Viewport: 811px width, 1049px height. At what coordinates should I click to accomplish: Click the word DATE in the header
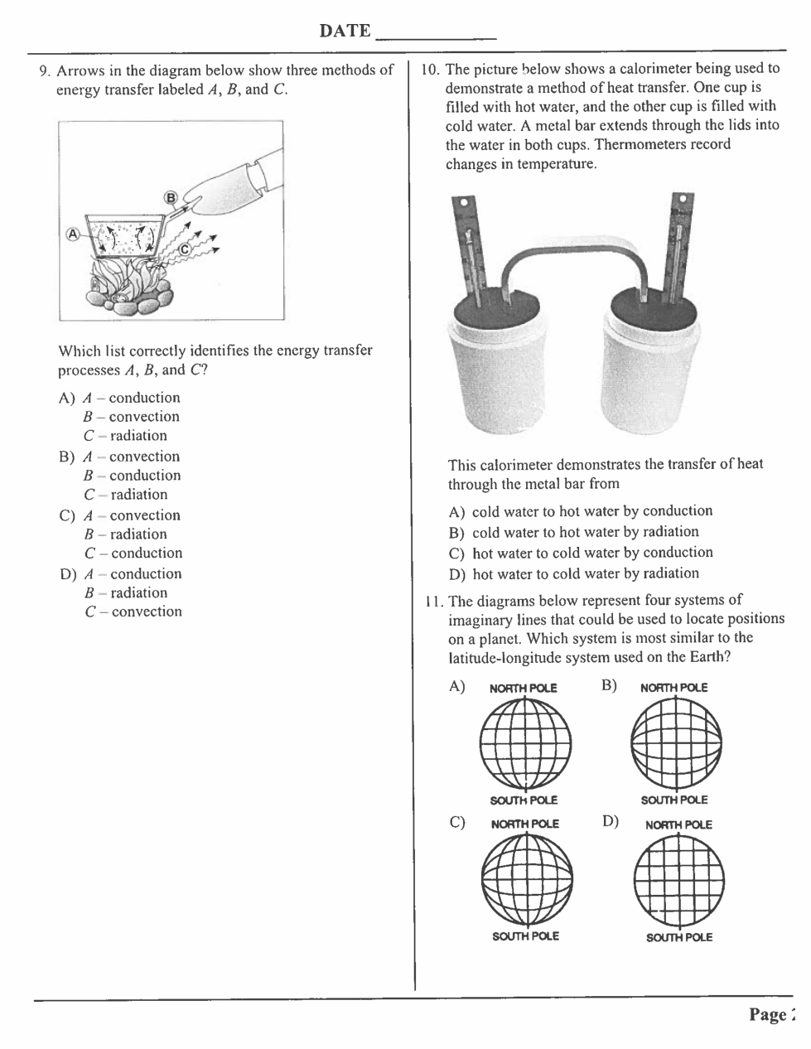click(x=345, y=31)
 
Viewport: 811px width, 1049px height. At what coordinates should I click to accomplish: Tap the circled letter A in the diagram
click(x=73, y=234)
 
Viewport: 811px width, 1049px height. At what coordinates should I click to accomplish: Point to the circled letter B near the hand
click(x=171, y=197)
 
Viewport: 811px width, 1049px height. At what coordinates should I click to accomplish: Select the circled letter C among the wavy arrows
click(x=184, y=248)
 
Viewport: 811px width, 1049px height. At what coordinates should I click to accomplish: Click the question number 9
click(x=45, y=70)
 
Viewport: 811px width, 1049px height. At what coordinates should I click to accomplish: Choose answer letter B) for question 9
click(x=67, y=457)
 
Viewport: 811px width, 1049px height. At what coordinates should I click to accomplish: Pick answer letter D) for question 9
click(x=67, y=574)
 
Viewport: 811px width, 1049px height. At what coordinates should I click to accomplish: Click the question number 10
click(x=429, y=70)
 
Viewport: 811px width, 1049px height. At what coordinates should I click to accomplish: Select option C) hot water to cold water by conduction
click(x=581, y=553)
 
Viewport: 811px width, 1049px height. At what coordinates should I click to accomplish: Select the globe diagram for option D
click(x=678, y=878)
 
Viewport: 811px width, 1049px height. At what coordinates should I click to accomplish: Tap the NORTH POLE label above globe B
click(x=674, y=688)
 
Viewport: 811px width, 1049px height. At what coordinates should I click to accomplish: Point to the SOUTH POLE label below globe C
click(x=525, y=936)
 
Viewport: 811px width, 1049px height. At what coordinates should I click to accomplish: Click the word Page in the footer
click(x=767, y=1015)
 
